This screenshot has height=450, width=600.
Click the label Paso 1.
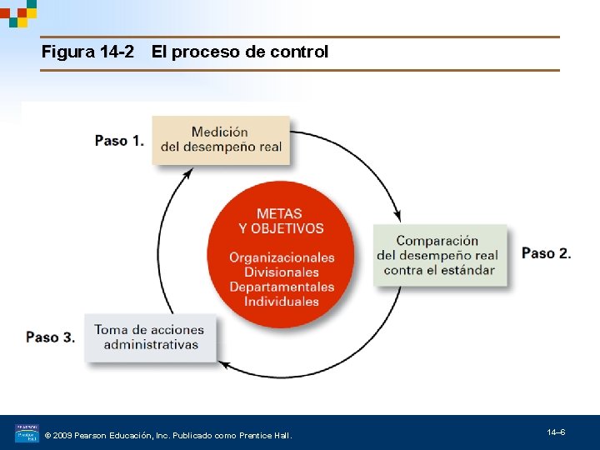click(x=119, y=141)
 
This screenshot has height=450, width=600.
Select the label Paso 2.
click(x=546, y=253)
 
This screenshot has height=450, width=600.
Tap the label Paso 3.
click(x=50, y=337)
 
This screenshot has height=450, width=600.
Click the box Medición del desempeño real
click(x=221, y=139)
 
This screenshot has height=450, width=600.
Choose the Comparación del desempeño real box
click(x=439, y=255)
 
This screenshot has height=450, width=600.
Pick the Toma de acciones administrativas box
click(x=151, y=337)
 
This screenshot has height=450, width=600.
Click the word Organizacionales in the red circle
click(x=282, y=257)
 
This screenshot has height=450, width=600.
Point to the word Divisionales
click(x=282, y=272)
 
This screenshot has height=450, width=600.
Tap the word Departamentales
click(x=282, y=287)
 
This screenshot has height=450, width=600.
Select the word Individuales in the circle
click(x=282, y=302)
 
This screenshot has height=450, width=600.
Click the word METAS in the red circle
click(x=280, y=213)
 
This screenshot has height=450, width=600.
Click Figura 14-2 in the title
click(x=87, y=52)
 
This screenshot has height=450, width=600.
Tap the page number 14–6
click(x=556, y=432)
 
